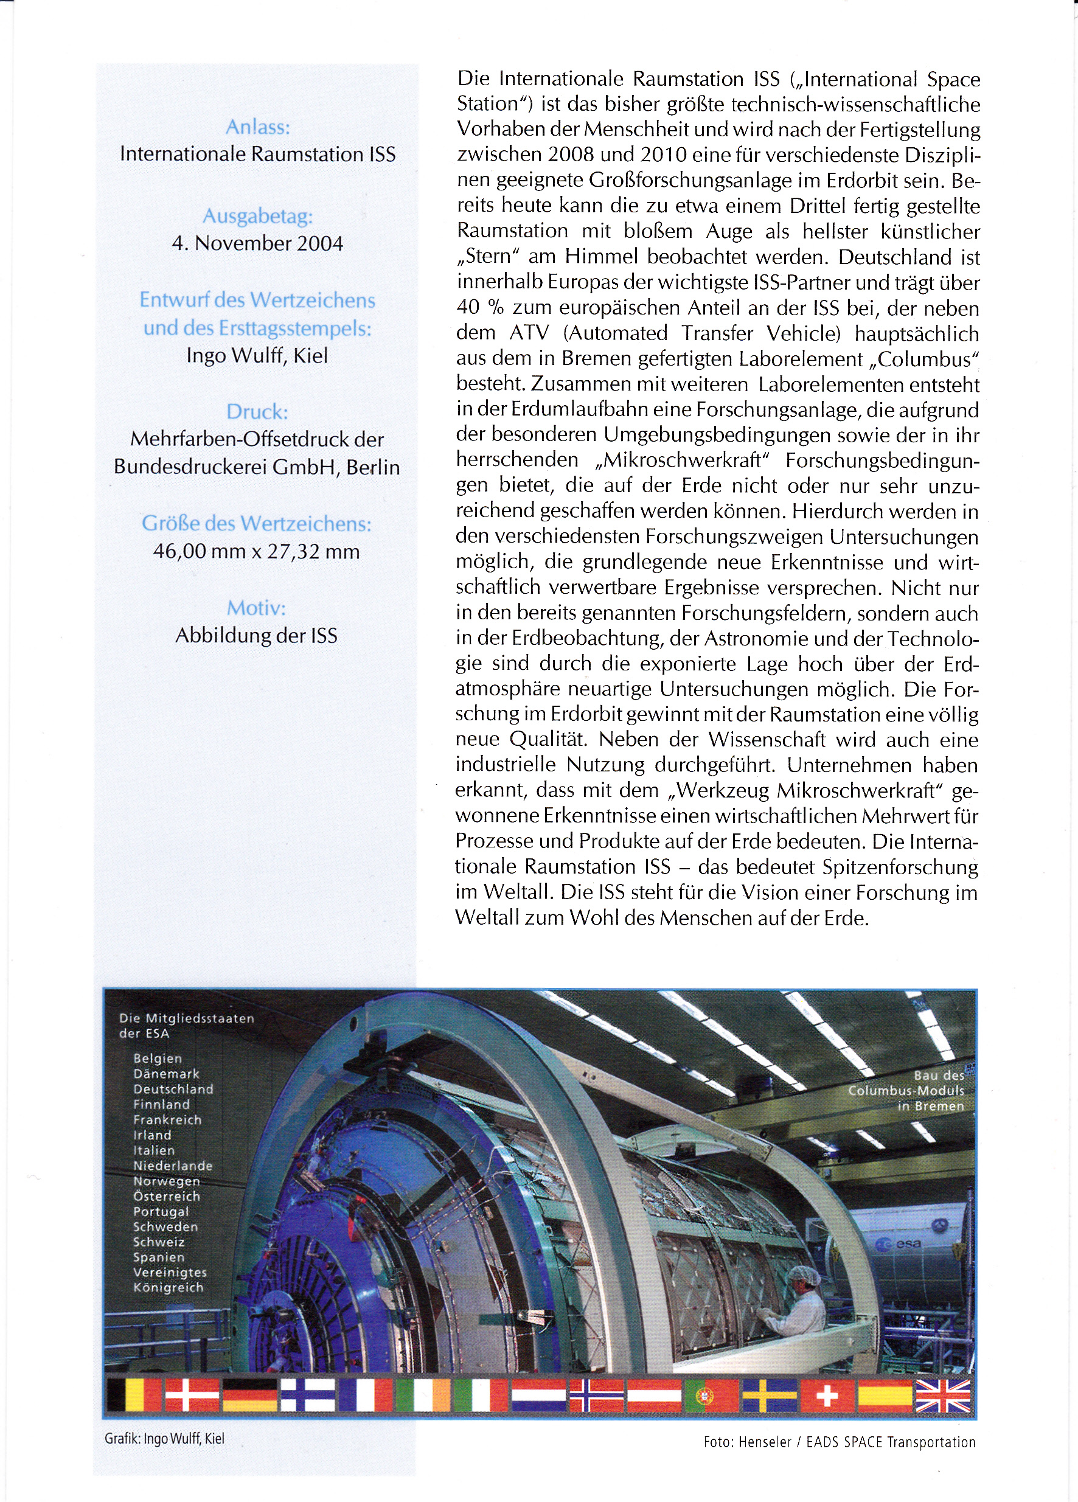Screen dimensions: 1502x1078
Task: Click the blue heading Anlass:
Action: [x=257, y=127]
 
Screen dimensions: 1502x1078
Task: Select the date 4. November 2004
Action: [x=257, y=243]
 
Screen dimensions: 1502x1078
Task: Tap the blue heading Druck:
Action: [x=257, y=412]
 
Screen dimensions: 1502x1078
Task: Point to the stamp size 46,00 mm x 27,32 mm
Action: [x=257, y=551]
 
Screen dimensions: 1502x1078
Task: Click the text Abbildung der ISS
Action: [x=256, y=636]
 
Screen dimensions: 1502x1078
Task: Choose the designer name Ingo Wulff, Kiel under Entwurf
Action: [x=257, y=356]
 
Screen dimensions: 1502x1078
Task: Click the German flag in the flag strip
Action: [x=249, y=1395]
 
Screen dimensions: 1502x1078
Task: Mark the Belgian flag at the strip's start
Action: [x=134, y=1395]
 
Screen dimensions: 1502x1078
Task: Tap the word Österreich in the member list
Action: [x=166, y=1196]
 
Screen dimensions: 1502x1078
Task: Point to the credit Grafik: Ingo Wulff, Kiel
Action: [x=164, y=1438]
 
